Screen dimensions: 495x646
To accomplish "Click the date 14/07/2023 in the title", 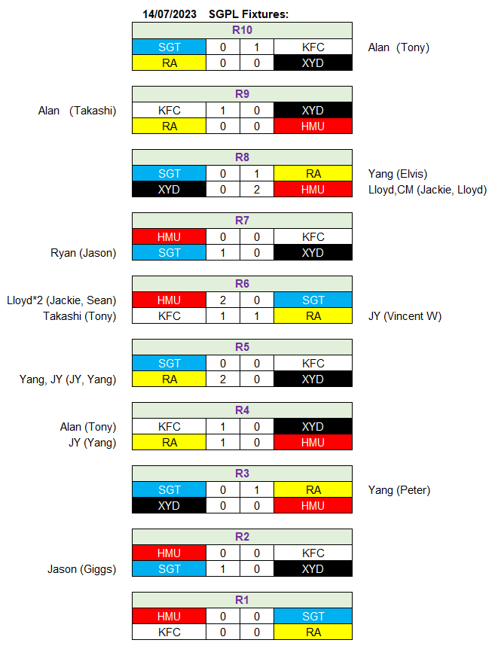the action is pos(170,14).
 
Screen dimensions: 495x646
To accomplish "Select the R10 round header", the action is pos(242,30).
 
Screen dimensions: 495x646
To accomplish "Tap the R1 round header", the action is pos(242,600).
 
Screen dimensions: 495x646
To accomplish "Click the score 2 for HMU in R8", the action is pos(257,190).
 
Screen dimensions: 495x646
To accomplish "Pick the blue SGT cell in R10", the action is pos(169,47).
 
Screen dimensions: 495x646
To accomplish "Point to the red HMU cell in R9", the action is pos(313,126).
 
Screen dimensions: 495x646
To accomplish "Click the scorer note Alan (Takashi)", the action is pos(77,111).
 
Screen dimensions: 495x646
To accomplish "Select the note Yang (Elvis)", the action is pos(398,174).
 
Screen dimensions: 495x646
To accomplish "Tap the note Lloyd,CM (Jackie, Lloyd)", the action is pos(427,190).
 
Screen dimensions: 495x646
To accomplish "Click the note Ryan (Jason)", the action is pos(84,253).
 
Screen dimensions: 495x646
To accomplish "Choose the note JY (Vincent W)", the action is pos(405,316).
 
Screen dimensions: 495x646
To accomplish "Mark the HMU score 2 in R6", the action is pos(223,300).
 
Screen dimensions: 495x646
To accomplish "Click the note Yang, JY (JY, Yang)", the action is pos(68,379).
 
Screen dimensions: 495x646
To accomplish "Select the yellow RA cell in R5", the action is pos(169,379).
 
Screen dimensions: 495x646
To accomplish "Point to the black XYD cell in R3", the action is pos(169,505).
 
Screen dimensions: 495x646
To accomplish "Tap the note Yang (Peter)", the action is pos(399,490).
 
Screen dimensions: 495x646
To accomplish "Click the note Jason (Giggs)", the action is pos(81,569).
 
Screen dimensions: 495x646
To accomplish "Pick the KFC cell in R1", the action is pos(169,632).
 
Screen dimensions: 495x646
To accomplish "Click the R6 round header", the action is pos(242,284).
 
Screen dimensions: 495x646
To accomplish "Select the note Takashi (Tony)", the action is pos(80,316).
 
